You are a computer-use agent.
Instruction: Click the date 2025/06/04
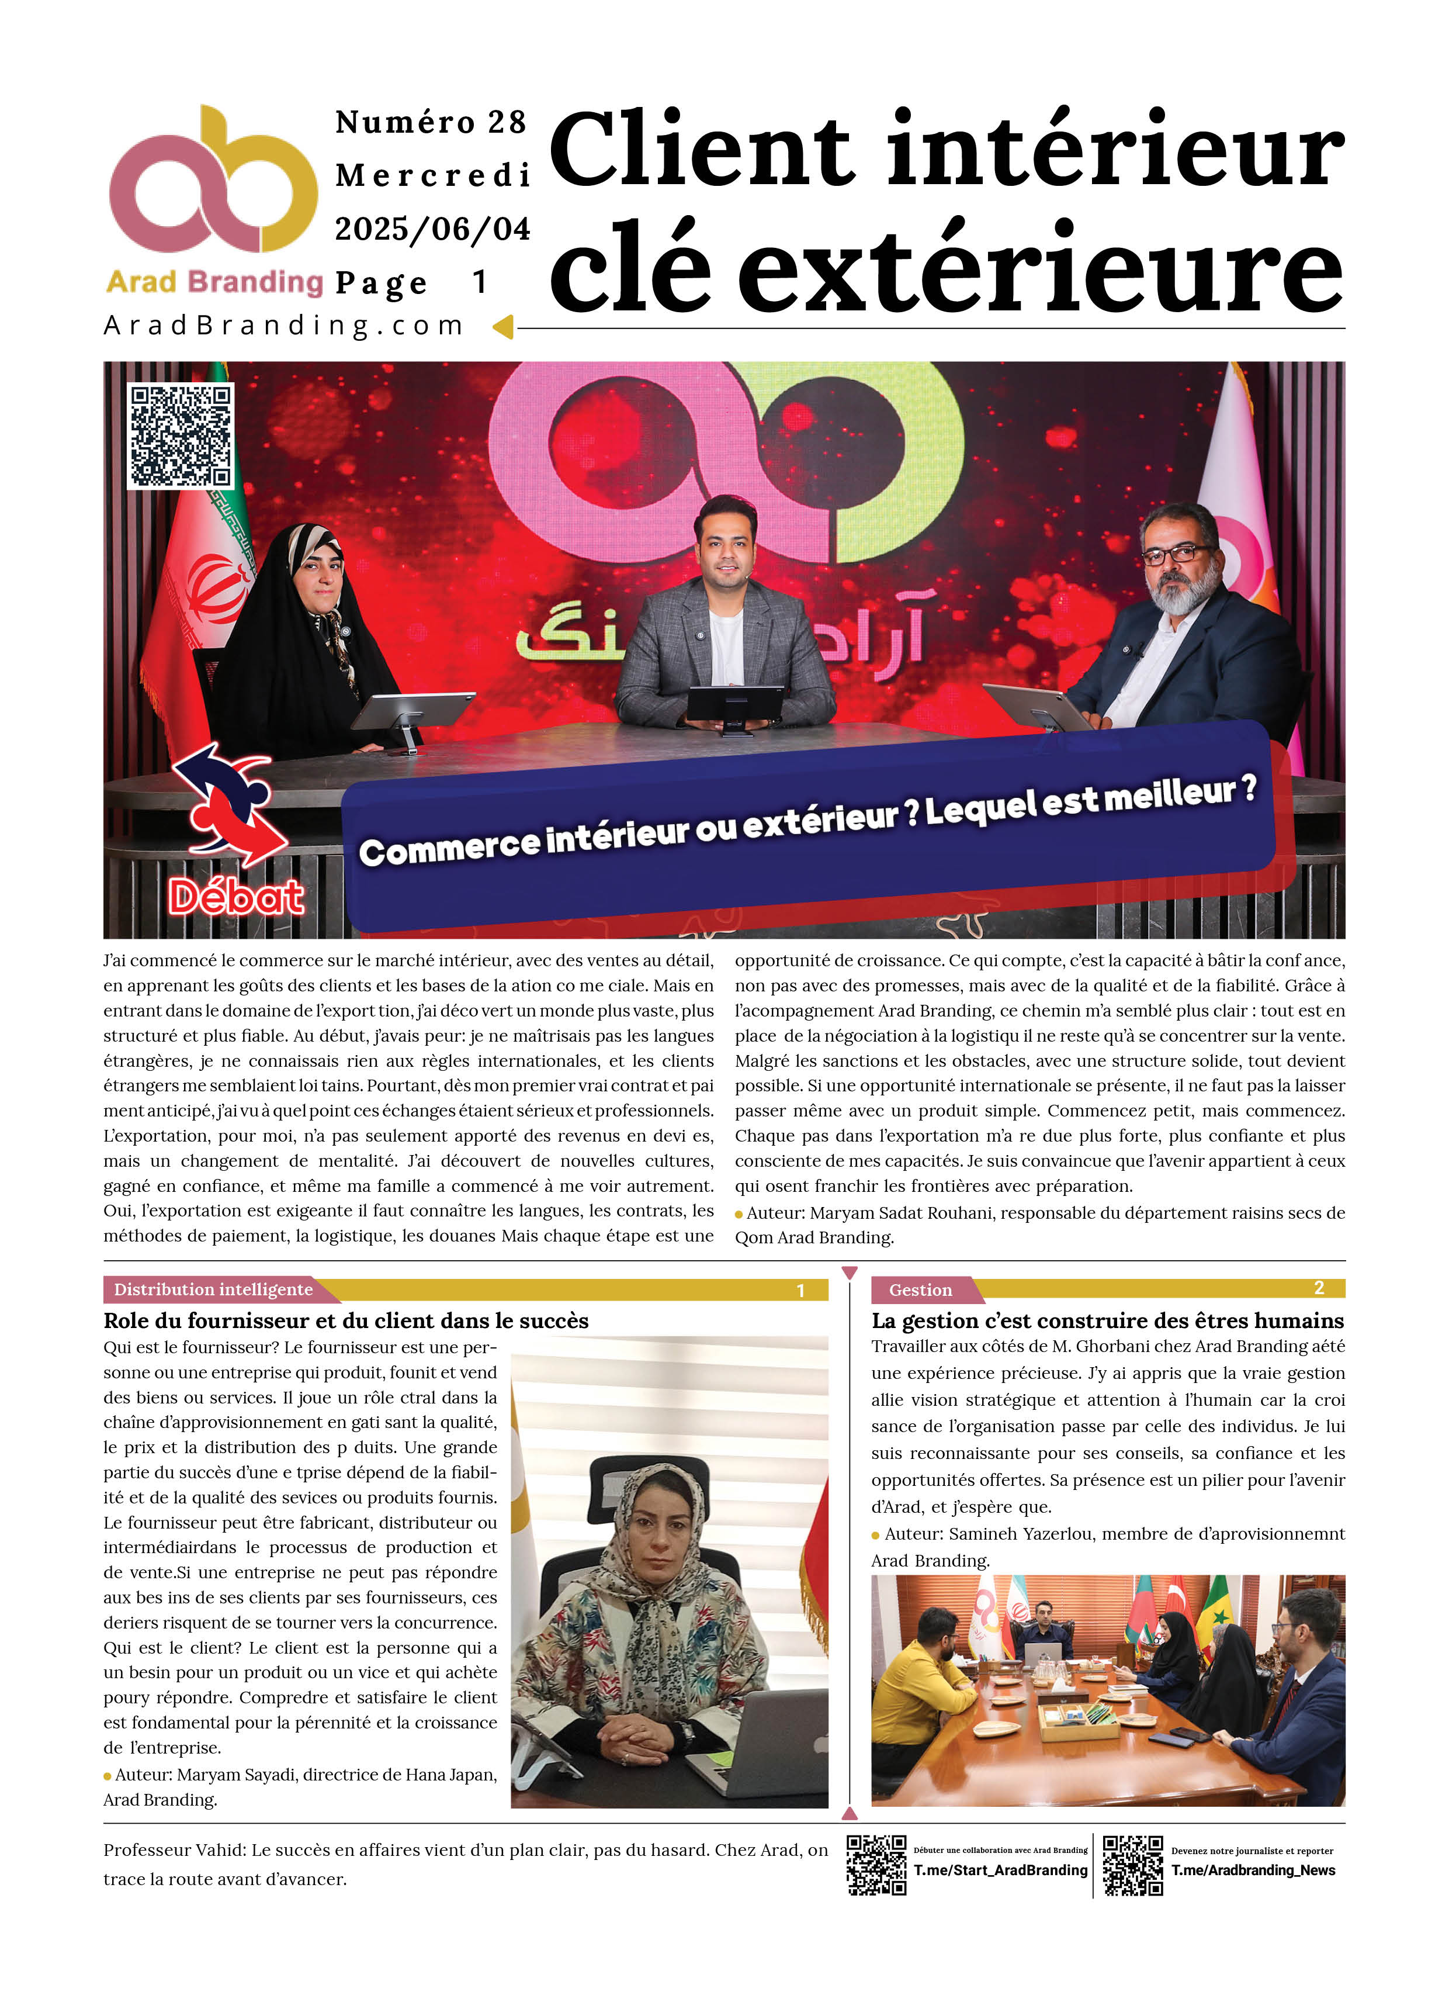pyautogui.click(x=432, y=230)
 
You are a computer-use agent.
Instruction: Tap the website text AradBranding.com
pyautogui.click(x=283, y=326)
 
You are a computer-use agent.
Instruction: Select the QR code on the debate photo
pyautogui.click(x=181, y=436)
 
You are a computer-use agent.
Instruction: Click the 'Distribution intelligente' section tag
pyautogui.click(x=214, y=1289)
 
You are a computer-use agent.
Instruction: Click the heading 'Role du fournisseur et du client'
pyautogui.click(x=346, y=1320)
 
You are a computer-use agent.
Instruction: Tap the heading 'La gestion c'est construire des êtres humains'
pyautogui.click(x=1107, y=1320)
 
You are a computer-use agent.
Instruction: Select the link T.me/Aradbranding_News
pyautogui.click(x=1253, y=1869)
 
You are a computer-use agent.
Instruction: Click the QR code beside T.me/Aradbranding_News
pyautogui.click(x=1132, y=1865)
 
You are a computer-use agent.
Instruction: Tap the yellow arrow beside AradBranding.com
pyautogui.click(x=503, y=327)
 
